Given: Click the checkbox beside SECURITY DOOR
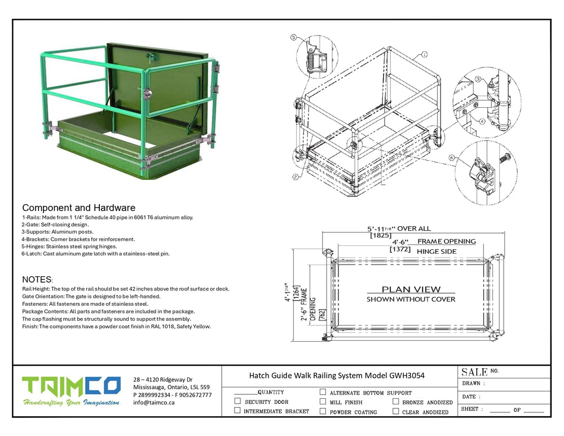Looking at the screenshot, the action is (x=237, y=400).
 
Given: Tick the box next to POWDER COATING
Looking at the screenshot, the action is (x=323, y=411).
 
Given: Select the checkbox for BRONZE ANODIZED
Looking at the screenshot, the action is (x=396, y=401).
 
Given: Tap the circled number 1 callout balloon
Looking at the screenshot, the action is (x=424, y=54).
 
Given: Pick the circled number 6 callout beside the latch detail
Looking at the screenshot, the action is (x=452, y=157).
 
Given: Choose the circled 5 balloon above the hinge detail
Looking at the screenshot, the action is (x=293, y=37).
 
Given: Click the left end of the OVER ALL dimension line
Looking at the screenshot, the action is (x=323, y=232).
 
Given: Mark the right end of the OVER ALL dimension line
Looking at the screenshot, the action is (x=504, y=232).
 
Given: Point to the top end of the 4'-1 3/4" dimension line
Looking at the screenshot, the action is (x=294, y=249).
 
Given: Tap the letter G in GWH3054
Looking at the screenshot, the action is (x=392, y=376).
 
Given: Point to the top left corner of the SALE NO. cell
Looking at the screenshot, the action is (x=457, y=366).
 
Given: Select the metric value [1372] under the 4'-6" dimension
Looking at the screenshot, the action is (x=400, y=249).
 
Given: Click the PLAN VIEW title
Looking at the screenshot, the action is (x=411, y=289).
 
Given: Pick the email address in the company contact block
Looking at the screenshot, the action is (x=153, y=403).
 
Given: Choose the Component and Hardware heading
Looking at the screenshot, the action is (x=79, y=208).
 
